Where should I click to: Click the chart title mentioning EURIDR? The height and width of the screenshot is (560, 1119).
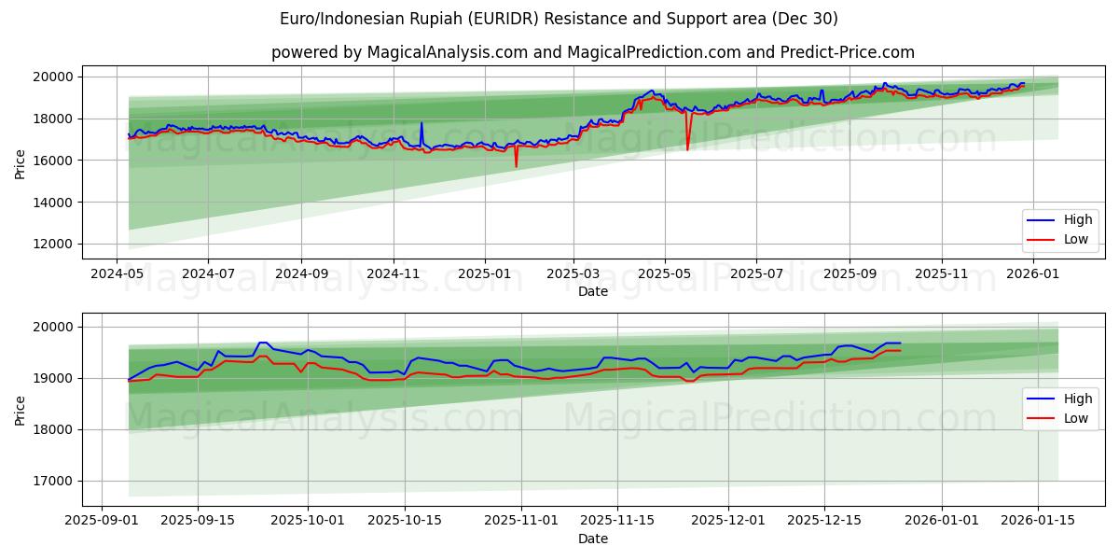click(x=559, y=19)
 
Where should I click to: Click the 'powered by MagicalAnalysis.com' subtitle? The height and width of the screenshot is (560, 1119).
click(x=592, y=52)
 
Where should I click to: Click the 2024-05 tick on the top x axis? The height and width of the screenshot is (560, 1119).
click(x=116, y=274)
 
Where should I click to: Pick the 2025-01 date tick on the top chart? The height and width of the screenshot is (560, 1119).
click(x=484, y=274)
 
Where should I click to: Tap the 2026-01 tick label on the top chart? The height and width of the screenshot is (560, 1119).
click(x=1033, y=274)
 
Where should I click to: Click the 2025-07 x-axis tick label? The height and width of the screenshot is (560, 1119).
click(x=755, y=274)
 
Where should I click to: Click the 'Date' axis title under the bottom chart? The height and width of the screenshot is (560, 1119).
click(x=592, y=539)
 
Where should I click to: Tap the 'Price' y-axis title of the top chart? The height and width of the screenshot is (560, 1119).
click(x=21, y=162)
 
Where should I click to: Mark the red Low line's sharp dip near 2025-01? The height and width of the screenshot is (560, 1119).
click(x=516, y=166)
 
